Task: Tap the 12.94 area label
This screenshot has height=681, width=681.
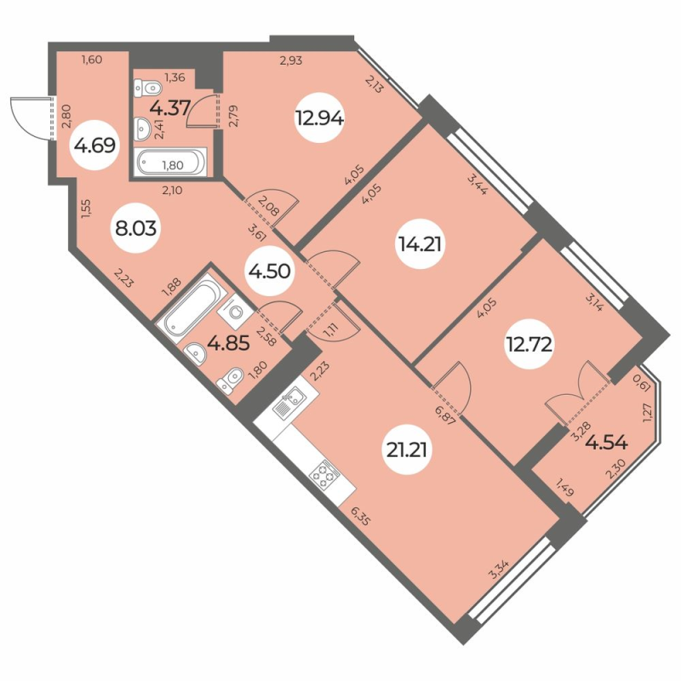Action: point(319,119)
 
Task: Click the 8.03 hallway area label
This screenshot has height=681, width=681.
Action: point(137,229)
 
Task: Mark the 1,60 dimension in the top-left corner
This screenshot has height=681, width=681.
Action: point(91,59)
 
